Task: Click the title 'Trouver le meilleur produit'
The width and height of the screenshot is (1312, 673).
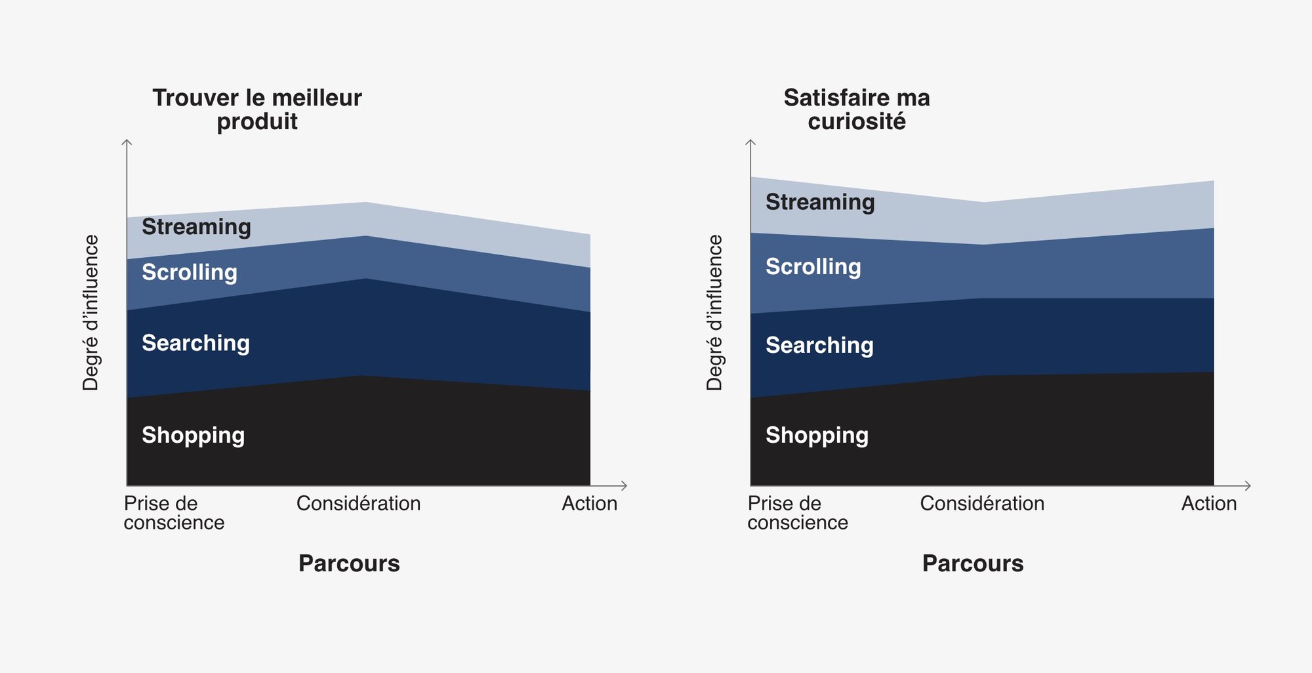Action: (x=257, y=110)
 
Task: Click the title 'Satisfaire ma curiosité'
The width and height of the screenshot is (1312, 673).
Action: (x=857, y=110)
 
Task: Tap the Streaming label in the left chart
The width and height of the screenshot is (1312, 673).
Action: (x=196, y=227)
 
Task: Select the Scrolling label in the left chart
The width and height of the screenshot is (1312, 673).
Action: (x=190, y=272)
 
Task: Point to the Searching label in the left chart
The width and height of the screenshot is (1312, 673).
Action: (x=195, y=343)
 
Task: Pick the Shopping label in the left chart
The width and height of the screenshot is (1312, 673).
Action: (x=193, y=436)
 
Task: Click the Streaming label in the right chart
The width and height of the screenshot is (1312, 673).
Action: (x=820, y=202)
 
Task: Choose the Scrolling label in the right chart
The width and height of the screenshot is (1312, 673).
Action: (x=813, y=267)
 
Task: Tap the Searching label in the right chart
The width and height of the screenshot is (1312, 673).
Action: (x=819, y=346)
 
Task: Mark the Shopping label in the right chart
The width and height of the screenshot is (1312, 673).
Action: (x=817, y=436)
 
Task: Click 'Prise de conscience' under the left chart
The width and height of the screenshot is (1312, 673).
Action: (x=174, y=513)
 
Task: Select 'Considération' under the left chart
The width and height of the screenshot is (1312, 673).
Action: (x=358, y=504)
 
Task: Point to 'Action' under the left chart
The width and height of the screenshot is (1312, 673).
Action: (x=589, y=504)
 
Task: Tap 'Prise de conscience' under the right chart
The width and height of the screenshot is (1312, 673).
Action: (x=798, y=513)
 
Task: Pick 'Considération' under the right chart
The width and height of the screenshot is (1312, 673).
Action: (x=982, y=504)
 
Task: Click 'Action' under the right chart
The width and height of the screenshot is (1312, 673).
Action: (x=1209, y=504)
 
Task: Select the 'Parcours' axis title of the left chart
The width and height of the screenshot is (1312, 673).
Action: (x=349, y=563)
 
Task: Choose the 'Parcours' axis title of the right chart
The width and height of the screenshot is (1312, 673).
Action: (x=973, y=563)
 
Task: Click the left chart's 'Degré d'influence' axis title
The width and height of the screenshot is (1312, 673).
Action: (x=91, y=313)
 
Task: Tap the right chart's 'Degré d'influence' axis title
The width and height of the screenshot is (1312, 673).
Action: (x=714, y=313)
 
